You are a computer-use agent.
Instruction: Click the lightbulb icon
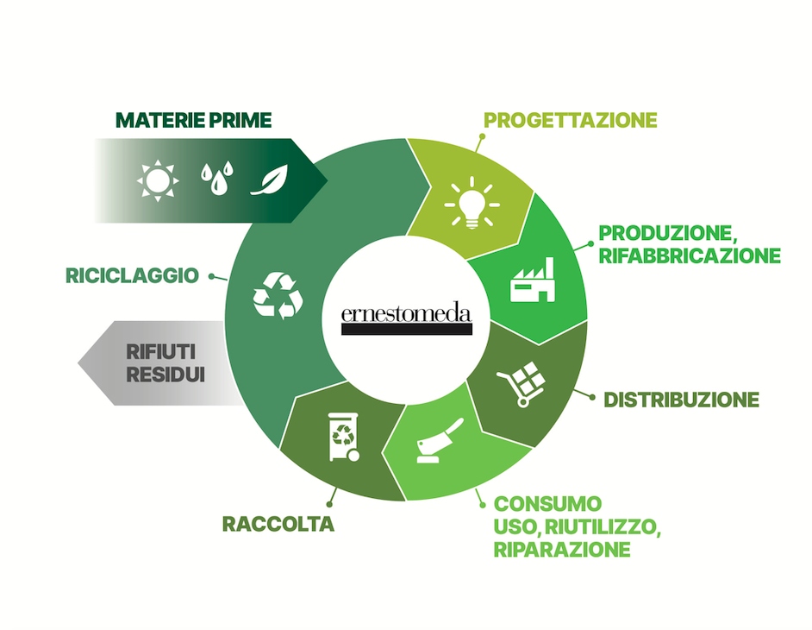click(472, 203)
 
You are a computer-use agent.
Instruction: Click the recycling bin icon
click(344, 437)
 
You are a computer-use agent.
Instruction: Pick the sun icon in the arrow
click(158, 180)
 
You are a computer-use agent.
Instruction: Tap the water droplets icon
click(217, 178)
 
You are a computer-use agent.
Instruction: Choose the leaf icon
click(269, 180)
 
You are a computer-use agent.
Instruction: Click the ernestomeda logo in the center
click(407, 318)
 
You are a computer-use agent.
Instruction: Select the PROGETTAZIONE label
click(570, 120)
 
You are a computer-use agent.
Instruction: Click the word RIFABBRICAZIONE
click(690, 255)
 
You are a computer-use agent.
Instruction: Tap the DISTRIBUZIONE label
click(682, 400)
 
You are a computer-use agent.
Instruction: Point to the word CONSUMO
click(547, 503)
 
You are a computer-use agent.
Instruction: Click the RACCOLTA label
click(278, 524)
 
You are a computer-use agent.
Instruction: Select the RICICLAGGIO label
click(132, 276)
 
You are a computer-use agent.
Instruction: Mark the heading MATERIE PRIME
click(194, 120)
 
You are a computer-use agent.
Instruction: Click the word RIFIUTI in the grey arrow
click(161, 351)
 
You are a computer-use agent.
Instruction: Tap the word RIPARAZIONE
click(562, 549)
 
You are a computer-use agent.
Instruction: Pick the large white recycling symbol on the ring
click(278, 295)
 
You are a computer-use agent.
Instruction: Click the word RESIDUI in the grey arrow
click(166, 375)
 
